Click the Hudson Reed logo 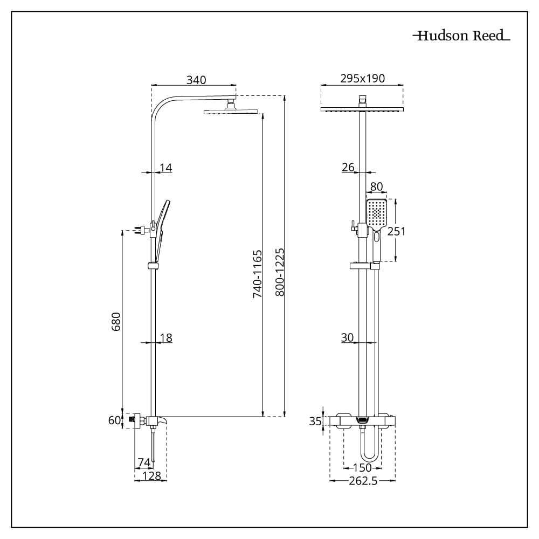(461, 36)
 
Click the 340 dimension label (196, 80)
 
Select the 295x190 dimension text (362, 78)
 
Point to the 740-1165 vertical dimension (258, 274)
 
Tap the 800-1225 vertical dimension (280, 272)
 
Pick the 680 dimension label (116, 322)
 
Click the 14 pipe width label (165, 168)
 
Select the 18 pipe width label (165, 338)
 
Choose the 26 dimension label (348, 168)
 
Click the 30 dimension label (347, 337)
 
